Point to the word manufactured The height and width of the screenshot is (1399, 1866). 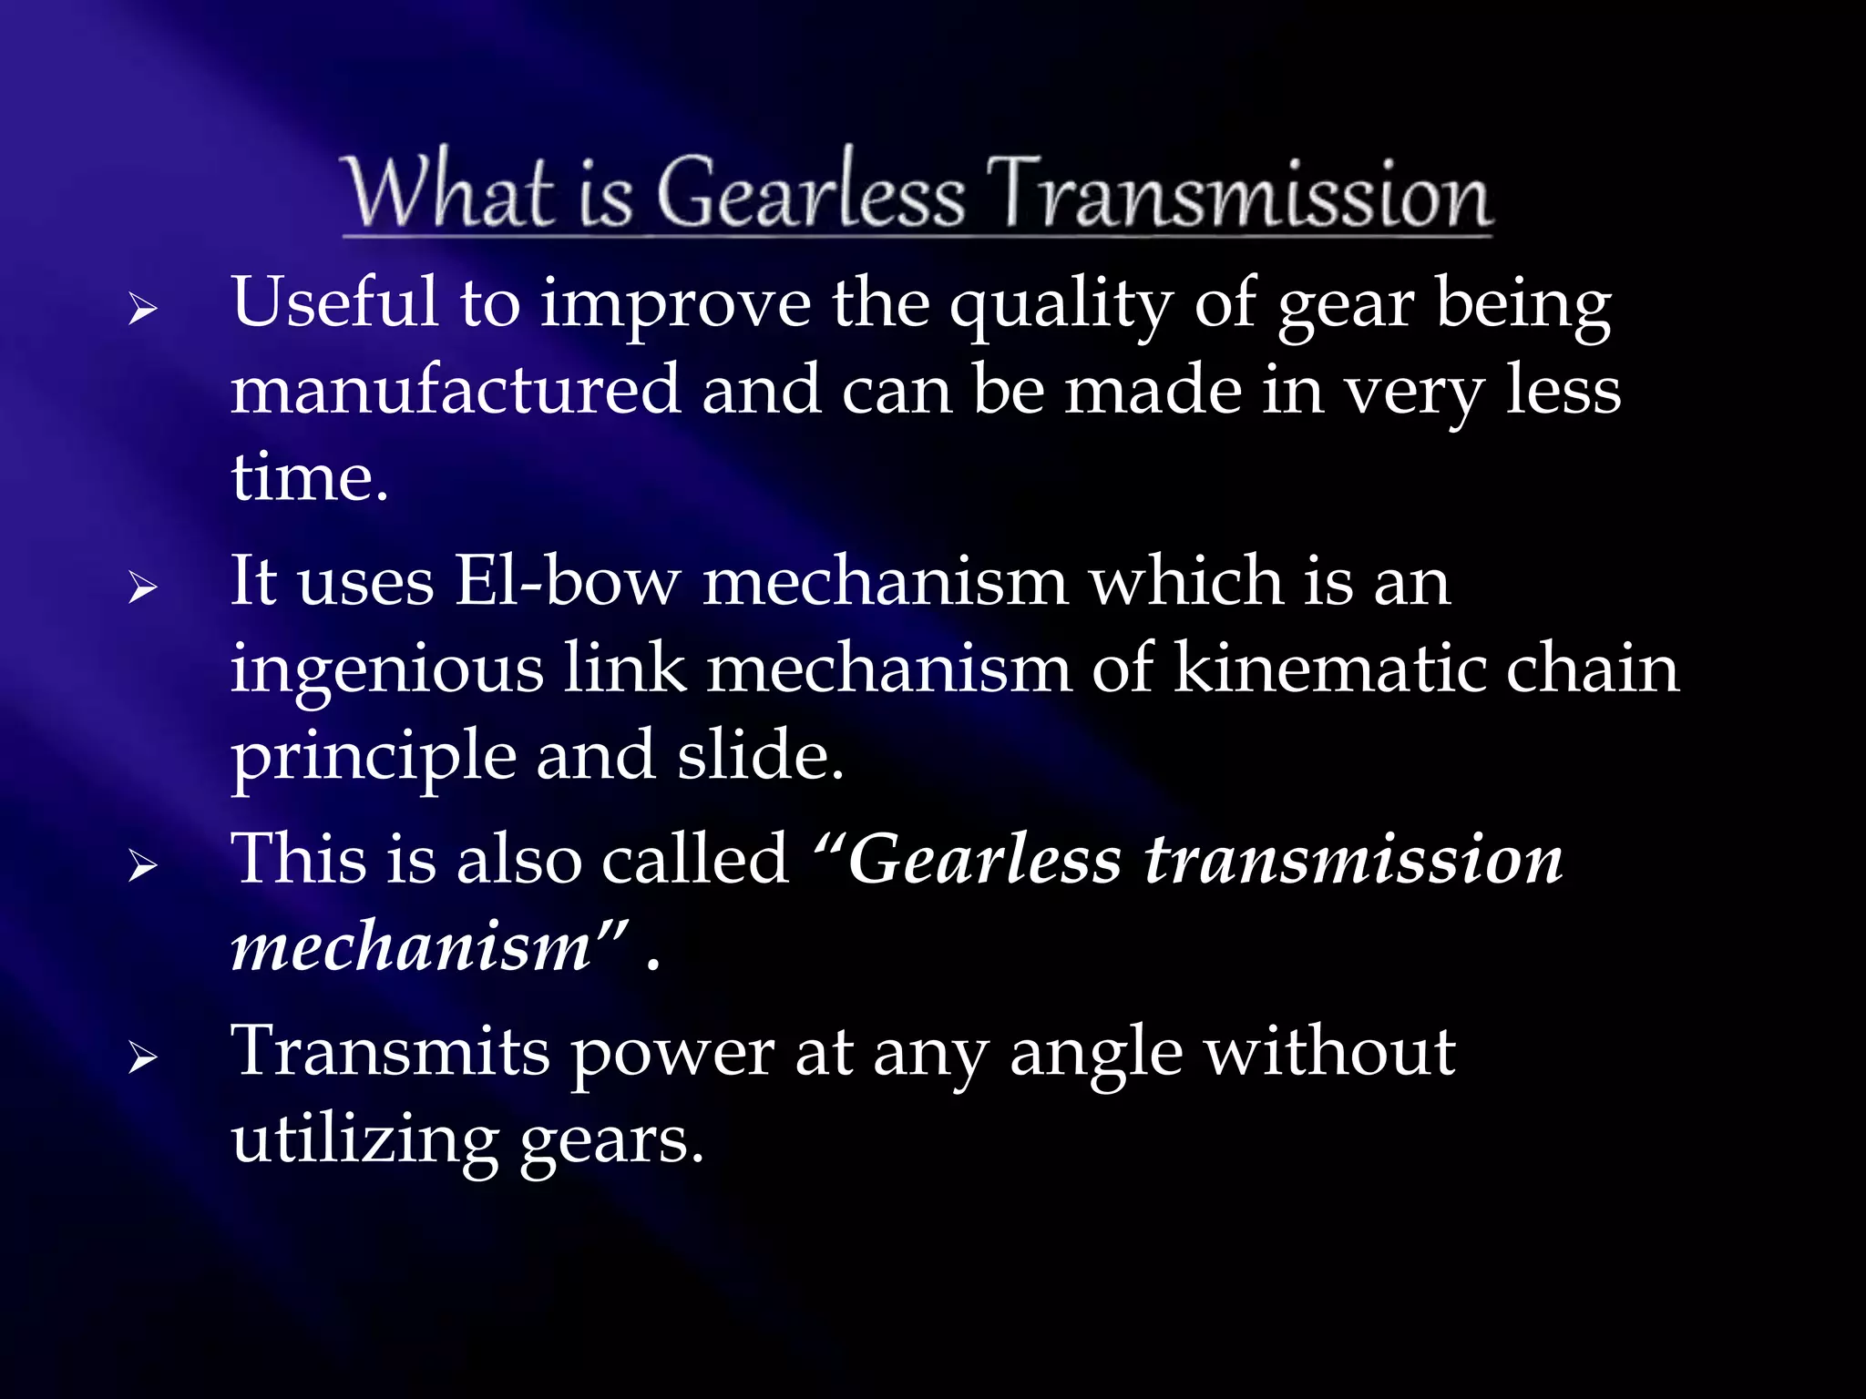[455, 390]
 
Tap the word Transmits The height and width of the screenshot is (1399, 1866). [390, 1052]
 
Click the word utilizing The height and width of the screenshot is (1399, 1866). [364, 1141]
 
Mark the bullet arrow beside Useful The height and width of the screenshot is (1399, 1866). [142, 311]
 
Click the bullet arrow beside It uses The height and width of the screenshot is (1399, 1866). [142, 587]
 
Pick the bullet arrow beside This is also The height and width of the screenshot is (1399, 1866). [142, 865]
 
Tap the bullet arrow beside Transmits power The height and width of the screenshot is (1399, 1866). [142, 1058]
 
